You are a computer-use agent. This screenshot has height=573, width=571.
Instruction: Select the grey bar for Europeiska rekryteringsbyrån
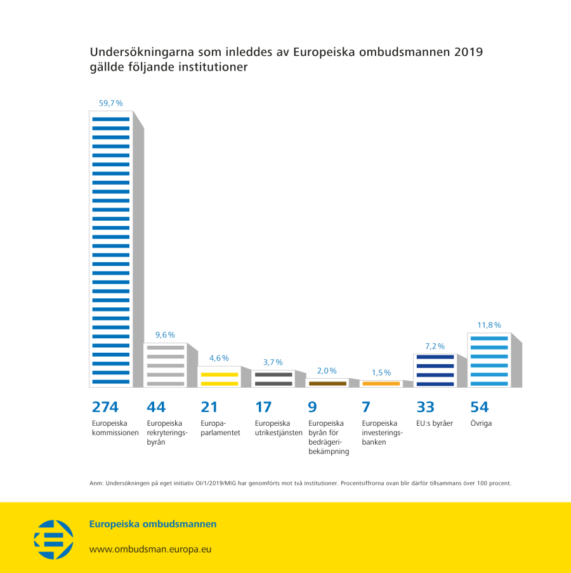pos(165,366)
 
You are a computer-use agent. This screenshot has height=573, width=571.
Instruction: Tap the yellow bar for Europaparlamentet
pos(219,377)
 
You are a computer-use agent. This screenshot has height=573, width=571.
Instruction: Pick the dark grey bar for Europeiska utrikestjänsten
pos(273,379)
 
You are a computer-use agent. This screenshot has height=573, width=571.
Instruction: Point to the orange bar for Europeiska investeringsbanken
pos(381,383)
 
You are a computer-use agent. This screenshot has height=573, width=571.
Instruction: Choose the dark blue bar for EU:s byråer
pos(435,371)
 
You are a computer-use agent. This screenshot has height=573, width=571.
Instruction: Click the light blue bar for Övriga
pos(489,360)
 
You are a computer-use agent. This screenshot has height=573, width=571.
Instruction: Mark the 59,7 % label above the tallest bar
pos(110,103)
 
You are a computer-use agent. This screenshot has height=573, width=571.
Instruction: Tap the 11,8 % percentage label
pos(489,325)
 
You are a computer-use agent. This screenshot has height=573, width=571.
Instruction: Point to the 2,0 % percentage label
pos(327,371)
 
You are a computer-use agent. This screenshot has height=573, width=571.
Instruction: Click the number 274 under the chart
pos(105,407)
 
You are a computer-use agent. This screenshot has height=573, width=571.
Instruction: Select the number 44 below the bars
pos(156,407)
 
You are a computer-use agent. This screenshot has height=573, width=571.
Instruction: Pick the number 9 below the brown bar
pos(312,407)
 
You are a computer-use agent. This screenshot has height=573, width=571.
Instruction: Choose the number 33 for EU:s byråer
pos(425,407)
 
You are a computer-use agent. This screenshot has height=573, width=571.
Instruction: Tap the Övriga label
pos(481,423)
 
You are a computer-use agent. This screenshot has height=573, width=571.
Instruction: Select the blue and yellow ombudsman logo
pos(53,539)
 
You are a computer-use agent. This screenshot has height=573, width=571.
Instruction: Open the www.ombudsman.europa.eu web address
pos(150,549)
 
